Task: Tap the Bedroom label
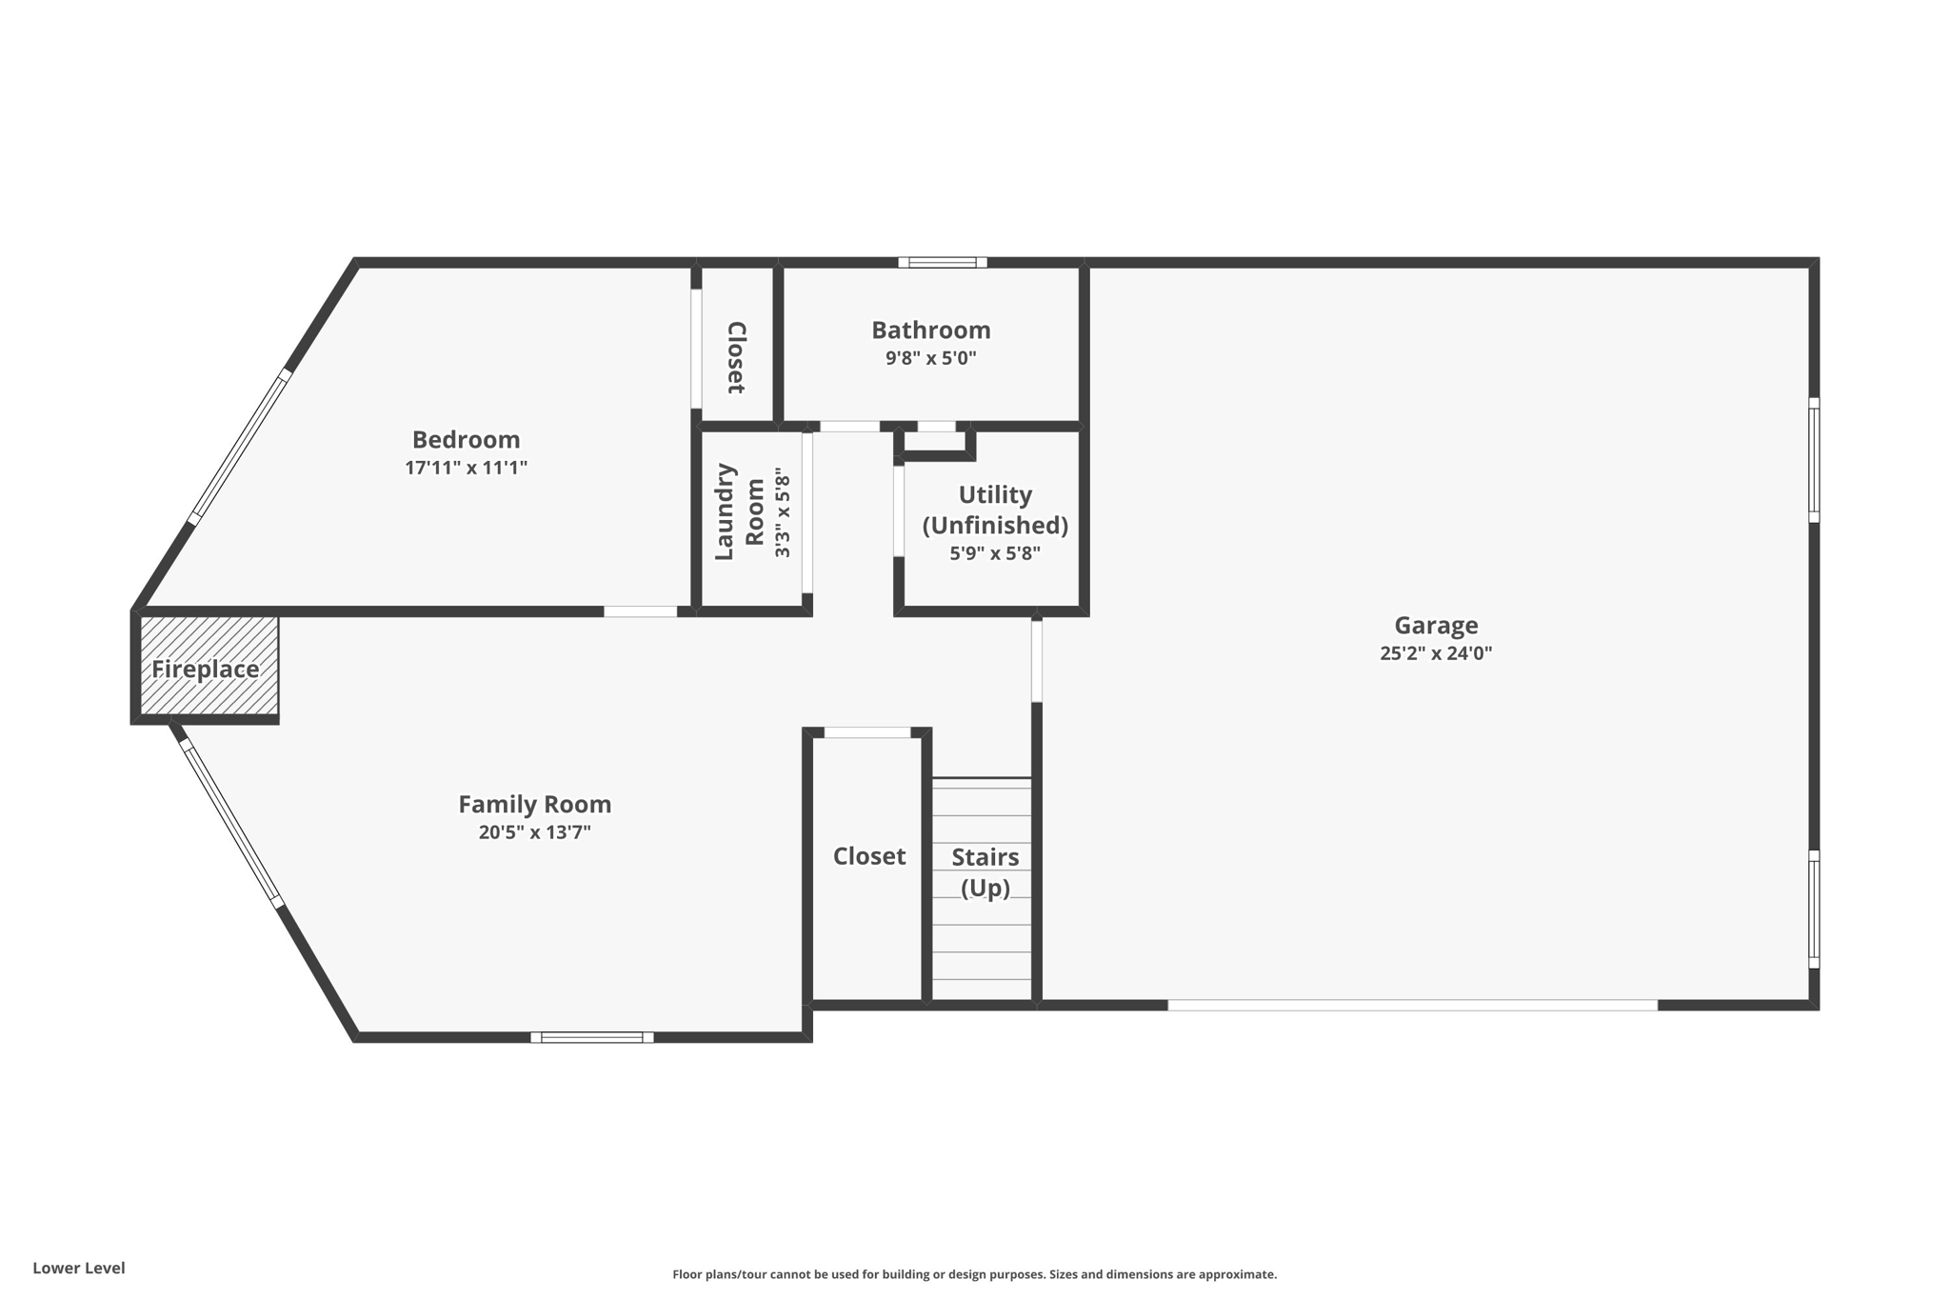point(466,439)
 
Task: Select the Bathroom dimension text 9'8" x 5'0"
point(930,359)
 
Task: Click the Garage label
point(1436,625)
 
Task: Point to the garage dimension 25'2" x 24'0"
point(1436,653)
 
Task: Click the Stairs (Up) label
point(985,871)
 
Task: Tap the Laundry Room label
point(740,511)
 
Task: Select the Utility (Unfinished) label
point(995,510)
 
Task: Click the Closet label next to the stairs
point(868,856)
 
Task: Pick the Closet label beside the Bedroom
point(736,357)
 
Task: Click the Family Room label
point(534,804)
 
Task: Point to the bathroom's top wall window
point(942,262)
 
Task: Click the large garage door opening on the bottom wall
point(1412,1005)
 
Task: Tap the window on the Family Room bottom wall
point(591,1037)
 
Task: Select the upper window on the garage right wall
point(1814,460)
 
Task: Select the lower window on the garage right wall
point(1814,909)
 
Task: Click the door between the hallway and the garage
point(1037,660)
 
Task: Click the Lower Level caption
point(79,1268)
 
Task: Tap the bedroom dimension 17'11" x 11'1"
point(466,468)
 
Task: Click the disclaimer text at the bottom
point(974,1274)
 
